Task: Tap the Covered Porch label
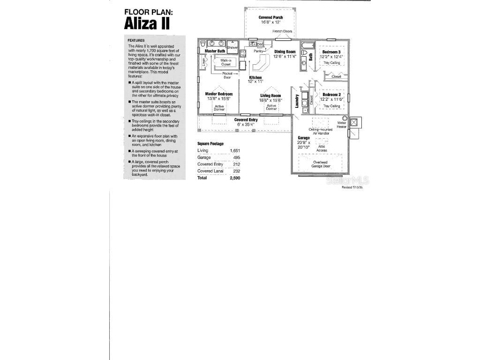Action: point(270,17)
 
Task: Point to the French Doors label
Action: point(282,31)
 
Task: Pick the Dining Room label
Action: point(285,52)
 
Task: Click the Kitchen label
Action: point(255,77)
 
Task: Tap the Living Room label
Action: point(270,96)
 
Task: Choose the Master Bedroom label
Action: point(219,94)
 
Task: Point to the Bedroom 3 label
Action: point(331,52)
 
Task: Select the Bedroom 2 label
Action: point(331,95)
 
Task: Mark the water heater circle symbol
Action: point(345,118)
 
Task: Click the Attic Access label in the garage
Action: point(322,148)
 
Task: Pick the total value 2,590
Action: point(234,178)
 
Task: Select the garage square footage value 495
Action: point(236,157)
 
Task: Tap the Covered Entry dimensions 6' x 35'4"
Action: point(246,124)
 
